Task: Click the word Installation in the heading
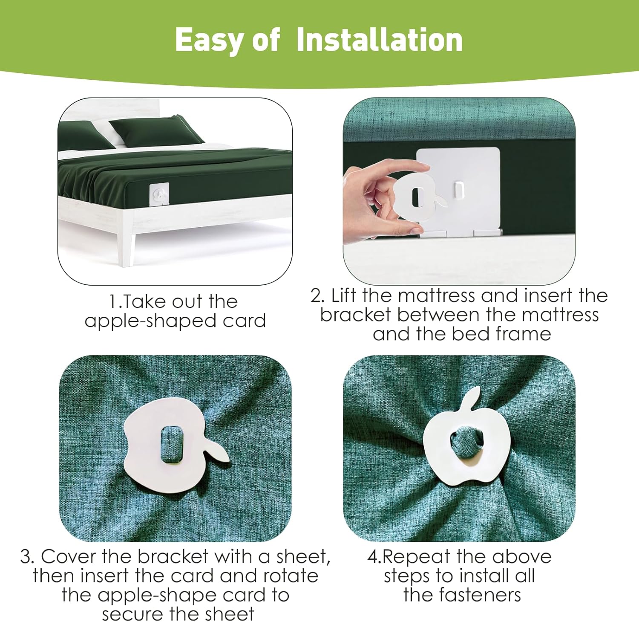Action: pos(379,40)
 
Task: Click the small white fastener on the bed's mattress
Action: pos(159,194)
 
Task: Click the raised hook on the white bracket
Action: pos(458,191)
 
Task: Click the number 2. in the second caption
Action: pos(318,295)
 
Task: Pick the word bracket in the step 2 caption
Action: pos(355,315)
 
